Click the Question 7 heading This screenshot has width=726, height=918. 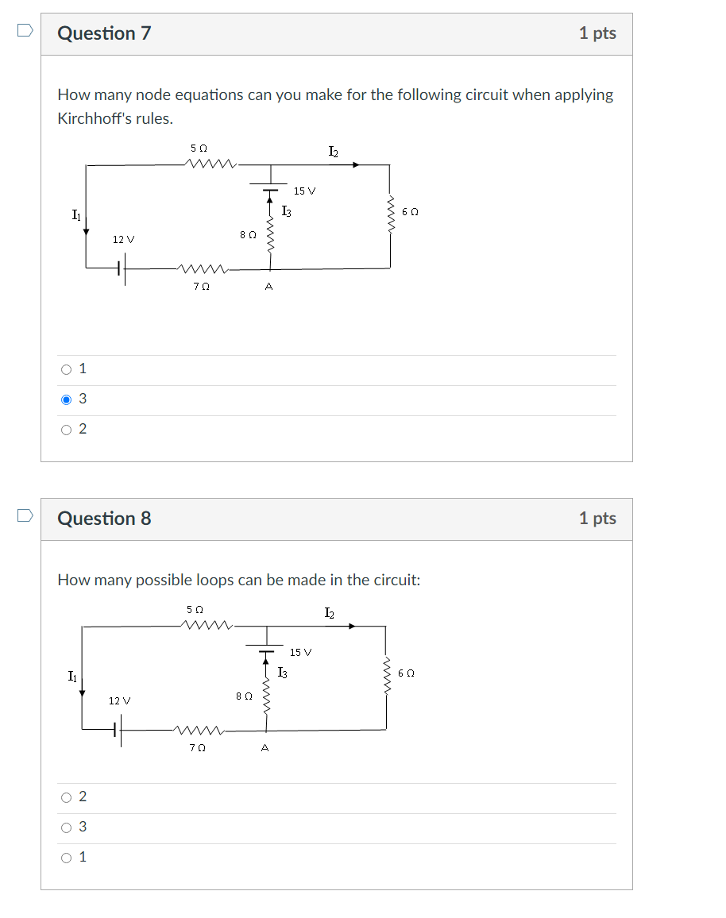[104, 33]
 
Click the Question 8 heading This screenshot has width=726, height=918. [104, 519]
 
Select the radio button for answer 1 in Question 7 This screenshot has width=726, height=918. [67, 369]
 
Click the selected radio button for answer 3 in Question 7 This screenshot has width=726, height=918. [67, 399]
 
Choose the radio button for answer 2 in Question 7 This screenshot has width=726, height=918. [67, 430]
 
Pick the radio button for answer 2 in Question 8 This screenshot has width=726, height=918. [67, 797]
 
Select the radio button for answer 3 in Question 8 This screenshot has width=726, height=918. [67, 827]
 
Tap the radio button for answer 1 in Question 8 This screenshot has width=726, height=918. [67, 858]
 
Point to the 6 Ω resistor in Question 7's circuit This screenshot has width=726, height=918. [389, 212]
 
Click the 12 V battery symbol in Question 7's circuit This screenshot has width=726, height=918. [120, 268]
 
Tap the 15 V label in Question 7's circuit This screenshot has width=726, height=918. [304, 191]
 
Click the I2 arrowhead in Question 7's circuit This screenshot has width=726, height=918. [356, 164]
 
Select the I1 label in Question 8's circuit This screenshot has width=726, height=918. [73, 676]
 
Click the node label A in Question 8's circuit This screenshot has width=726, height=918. [265, 747]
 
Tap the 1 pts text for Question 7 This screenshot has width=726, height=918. [597, 33]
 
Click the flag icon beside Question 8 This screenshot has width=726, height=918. [25, 515]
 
